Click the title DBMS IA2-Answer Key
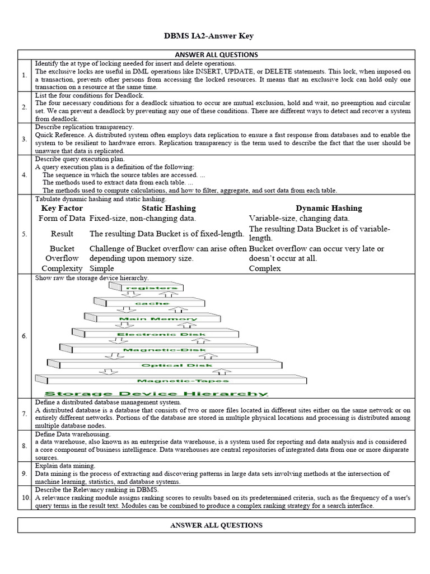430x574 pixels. (216, 36)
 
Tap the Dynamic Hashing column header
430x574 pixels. (329, 208)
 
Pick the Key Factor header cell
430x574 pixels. (62, 208)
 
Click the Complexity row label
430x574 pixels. (62, 269)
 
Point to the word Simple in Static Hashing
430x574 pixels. (101, 269)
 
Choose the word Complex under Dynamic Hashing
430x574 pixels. (265, 269)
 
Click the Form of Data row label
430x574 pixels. (62, 218)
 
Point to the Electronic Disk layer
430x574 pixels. (161, 335)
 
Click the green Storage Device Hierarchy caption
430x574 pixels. (156, 394)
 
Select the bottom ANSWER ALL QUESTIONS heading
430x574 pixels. (216, 525)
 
